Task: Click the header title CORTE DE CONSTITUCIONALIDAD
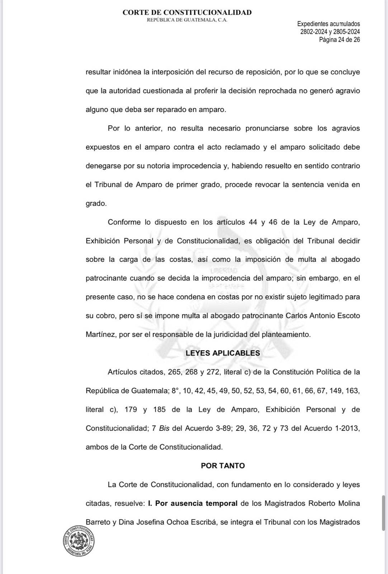click(187, 12)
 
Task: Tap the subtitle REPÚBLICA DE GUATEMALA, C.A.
click(187, 20)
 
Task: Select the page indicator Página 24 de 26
click(339, 40)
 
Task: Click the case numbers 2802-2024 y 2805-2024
click(330, 32)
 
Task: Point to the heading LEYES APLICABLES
click(223, 353)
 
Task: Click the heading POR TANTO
click(223, 466)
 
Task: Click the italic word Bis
click(164, 428)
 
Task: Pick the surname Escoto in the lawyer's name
click(347, 316)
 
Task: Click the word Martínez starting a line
click(100, 334)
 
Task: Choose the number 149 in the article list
click(335, 391)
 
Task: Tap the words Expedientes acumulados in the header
click(328, 24)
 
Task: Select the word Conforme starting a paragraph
click(124, 222)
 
